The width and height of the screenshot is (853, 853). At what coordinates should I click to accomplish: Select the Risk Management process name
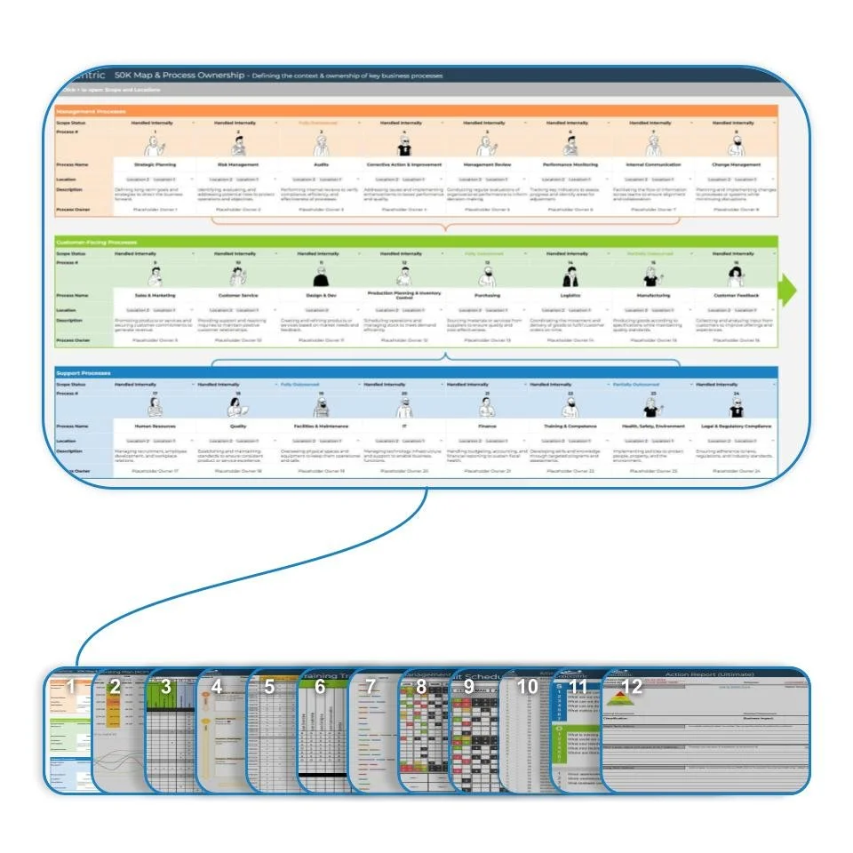point(238,164)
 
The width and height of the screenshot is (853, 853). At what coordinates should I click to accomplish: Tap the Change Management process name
point(737,164)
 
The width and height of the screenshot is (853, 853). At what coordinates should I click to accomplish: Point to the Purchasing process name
point(487,295)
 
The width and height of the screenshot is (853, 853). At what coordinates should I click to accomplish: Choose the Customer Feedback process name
point(737,295)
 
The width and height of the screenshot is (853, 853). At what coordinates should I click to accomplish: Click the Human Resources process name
point(155,426)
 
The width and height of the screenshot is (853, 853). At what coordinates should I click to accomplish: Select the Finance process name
point(487,426)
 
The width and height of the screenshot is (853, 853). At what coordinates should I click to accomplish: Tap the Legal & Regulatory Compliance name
point(737,426)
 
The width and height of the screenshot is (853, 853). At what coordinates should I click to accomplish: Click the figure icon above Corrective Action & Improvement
point(403,146)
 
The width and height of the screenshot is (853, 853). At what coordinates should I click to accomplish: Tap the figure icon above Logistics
point(570,276)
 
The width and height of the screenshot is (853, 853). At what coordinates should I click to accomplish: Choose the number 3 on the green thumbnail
point(165,687)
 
